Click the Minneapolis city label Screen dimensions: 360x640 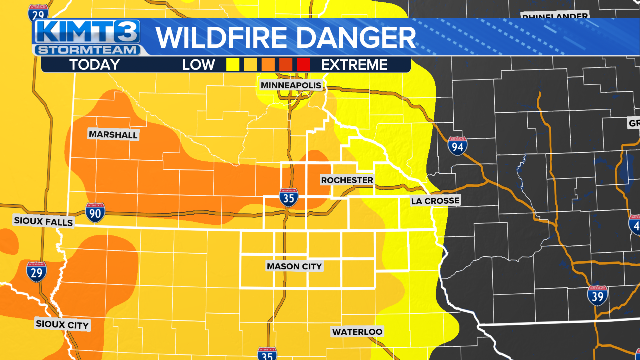tap(291, 85)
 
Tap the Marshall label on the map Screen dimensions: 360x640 tap(113, 135)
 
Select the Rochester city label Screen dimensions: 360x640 tap(347, 180)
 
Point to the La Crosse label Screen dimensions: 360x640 tap(434, 201)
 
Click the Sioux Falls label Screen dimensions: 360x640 tap(43, 222)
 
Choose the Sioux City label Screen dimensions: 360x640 tap(62, 324)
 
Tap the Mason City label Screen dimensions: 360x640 tap(294, 266)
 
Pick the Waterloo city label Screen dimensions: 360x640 tap(357, 332)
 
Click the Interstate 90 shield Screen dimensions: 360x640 tap(95, 213)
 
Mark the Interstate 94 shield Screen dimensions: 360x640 tap(457, 146)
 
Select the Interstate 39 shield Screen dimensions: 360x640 tap(597, 296)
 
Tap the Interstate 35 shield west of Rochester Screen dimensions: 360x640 tap(289, 198)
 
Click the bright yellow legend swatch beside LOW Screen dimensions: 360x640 tap(232, 64)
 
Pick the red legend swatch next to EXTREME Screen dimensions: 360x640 tap(303, 64)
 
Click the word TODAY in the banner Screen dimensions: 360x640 tap(94, 65)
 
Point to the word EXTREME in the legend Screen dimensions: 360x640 tap(354, 65)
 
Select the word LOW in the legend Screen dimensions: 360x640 tap(198, 65)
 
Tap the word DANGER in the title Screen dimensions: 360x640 tap(358, 38)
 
